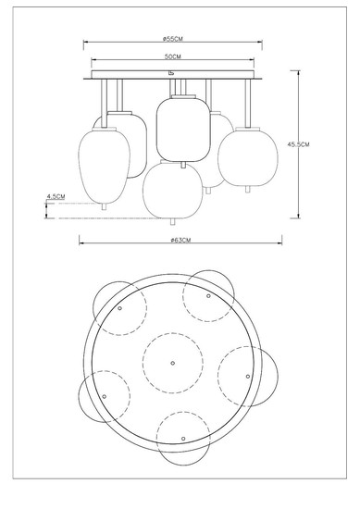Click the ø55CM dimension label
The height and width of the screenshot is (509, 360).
tap(173, 39)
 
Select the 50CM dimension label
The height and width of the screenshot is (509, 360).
tap(173, 56)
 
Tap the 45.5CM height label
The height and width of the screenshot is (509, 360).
tap(298, 144)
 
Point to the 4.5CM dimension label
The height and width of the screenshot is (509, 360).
tap(56, 196)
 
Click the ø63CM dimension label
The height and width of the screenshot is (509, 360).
tap(180, 241)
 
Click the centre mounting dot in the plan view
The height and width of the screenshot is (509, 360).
tap(173, 363)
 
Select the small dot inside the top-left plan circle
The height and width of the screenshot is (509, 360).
tap(119, 308)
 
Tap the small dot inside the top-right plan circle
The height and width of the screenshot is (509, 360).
tap(208, 296)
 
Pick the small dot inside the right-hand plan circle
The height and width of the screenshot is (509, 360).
tap(248, 377)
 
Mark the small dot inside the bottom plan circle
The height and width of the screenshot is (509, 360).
tap(183, 439)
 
